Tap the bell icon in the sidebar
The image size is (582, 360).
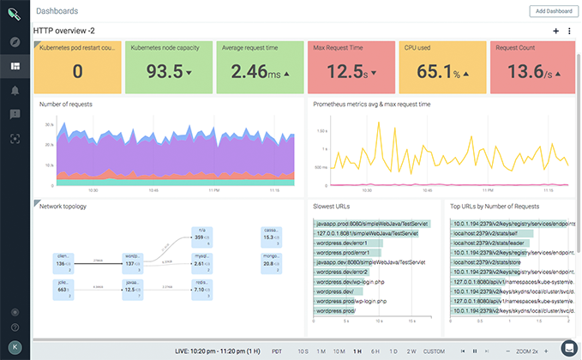(15, 90)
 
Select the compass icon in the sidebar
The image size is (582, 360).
(15, 42)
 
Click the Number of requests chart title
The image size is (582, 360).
(66, 104)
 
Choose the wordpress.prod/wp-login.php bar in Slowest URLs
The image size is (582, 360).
(351, 301)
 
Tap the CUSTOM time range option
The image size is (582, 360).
(434, 351)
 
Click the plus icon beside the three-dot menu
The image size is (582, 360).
(556, 31)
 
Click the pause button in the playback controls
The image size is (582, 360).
(474, 351)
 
